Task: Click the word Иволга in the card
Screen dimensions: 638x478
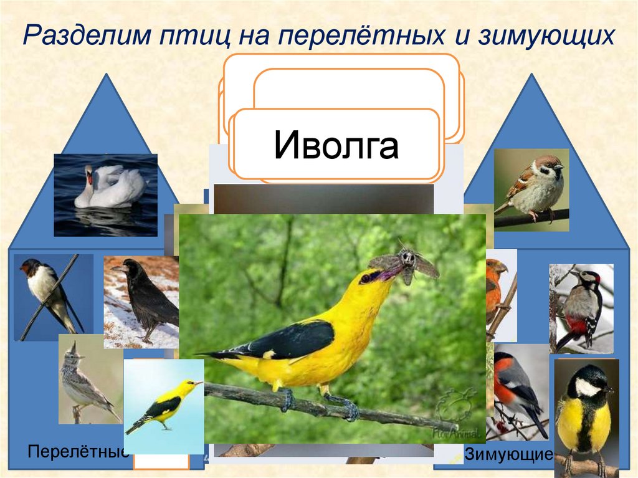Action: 336,145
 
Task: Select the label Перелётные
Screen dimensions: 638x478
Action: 78,452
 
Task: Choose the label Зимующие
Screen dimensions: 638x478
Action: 509,454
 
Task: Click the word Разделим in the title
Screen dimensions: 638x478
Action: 87,34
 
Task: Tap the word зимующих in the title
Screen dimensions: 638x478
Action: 546,36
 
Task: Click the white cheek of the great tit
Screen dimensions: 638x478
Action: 587,386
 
